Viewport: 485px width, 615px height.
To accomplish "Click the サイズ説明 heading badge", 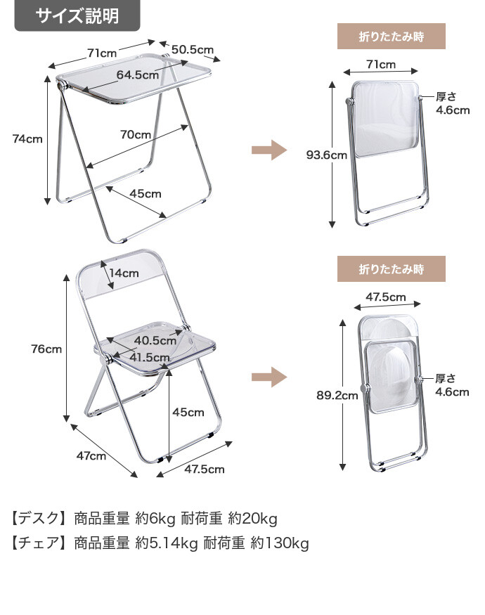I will tap(77, 15).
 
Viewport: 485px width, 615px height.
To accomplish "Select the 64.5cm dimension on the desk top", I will tap(138, 75).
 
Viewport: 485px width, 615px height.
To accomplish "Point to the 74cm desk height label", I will tap(27, 138).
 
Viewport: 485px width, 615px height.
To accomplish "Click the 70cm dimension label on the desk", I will tap(136, 134).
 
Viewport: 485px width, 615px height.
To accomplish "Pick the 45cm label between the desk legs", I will tap(145, 193).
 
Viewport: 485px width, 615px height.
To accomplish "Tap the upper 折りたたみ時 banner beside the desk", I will tap(392, 35).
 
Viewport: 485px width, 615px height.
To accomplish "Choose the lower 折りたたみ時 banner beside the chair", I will tap(392, 268).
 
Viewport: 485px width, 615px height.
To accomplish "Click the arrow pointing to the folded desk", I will tap(269, 150).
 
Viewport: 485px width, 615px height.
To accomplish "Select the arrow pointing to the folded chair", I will tap(269, 377).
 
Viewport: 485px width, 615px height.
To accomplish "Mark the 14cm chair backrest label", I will tap(124, 273).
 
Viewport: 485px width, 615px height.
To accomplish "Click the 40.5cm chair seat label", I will tap(155, 340).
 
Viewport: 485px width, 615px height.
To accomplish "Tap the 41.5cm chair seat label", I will tap(149, 357).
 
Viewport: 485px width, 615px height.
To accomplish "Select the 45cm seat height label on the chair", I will tap(188, 412).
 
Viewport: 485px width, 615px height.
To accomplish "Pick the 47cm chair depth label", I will tap(91, 455).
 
